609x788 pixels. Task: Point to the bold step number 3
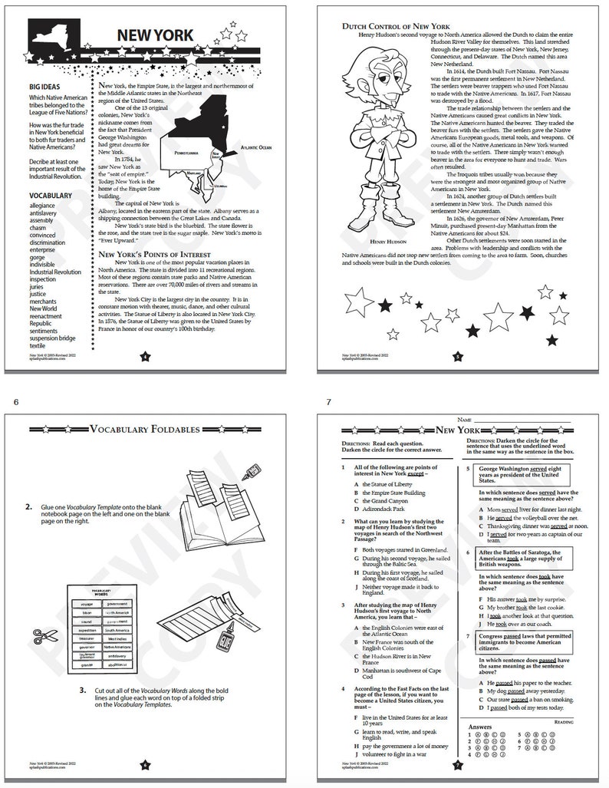point(82,691)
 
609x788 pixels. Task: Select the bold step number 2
point(28,507)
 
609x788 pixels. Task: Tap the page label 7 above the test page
point(328,402)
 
